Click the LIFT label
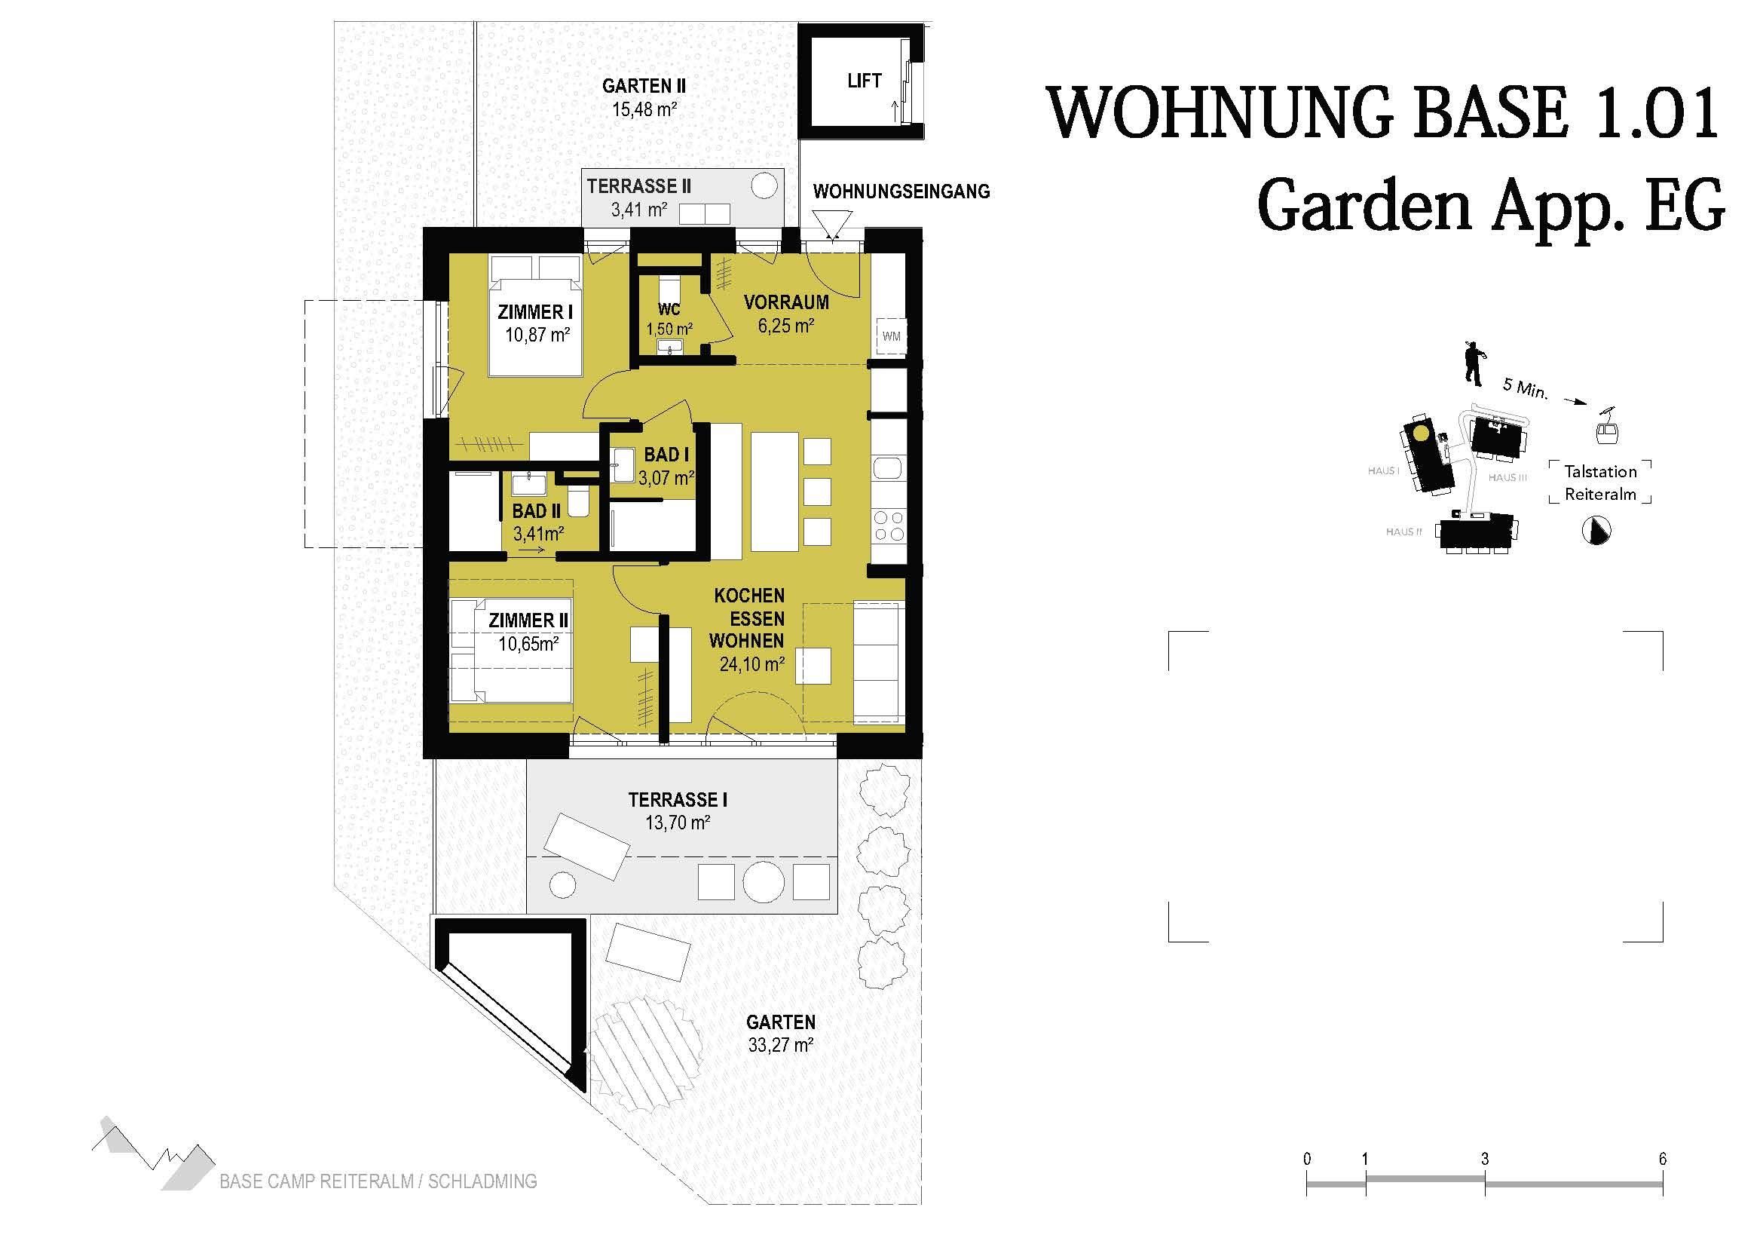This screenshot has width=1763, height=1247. [x=864, y=81]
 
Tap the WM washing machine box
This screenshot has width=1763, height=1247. [x=891, y=335]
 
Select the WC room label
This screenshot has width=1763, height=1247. [x=669, y=310]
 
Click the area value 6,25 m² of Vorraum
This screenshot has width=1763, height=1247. [x=785, y=326]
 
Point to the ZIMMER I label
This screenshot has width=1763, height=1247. [x=535, y=313]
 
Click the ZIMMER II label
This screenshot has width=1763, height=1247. [x=528, y=620]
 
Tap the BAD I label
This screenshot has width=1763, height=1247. [x=666, y=455]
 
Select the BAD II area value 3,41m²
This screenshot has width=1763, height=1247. [x=538, y=532]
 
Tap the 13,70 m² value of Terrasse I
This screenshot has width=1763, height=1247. [x=678, y=823]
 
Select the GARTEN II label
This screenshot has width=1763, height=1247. [x=644, y=86]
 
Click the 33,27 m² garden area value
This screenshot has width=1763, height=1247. [x=780, y=1045]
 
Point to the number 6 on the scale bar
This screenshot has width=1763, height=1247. [x=1663, y=1159]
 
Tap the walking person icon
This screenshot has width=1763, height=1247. [x=1474, y=364]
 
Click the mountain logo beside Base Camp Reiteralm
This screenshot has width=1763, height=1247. [x=152, y=1153]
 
